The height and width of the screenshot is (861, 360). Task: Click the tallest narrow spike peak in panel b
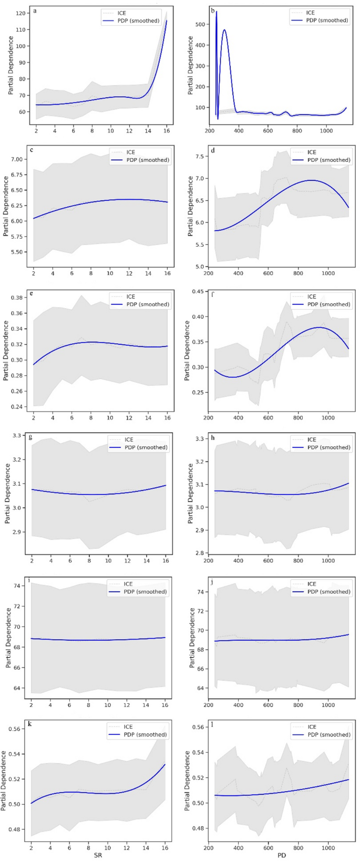coord(217,12)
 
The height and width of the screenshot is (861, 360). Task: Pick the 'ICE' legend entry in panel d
coord(313,152)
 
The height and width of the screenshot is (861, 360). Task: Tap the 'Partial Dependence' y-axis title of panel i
coord(8,638)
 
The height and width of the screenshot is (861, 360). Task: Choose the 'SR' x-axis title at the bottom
coord(99,856)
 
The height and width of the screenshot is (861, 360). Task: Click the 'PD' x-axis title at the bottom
coord(281,856)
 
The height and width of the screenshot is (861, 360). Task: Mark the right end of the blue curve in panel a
coord(167,20)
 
